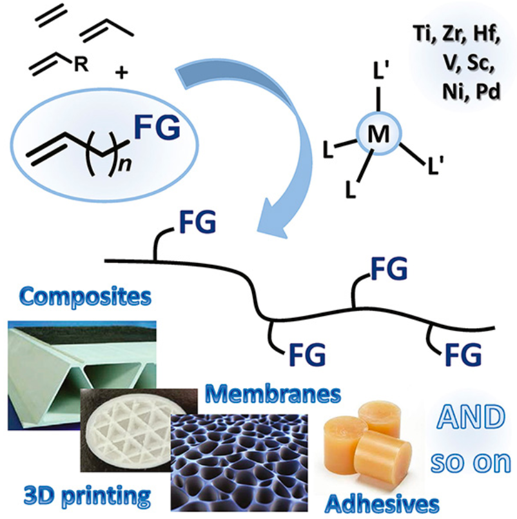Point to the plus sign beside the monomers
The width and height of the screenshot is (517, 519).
tap(121, 73)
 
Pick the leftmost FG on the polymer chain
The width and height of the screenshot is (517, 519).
tap(194, 224)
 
